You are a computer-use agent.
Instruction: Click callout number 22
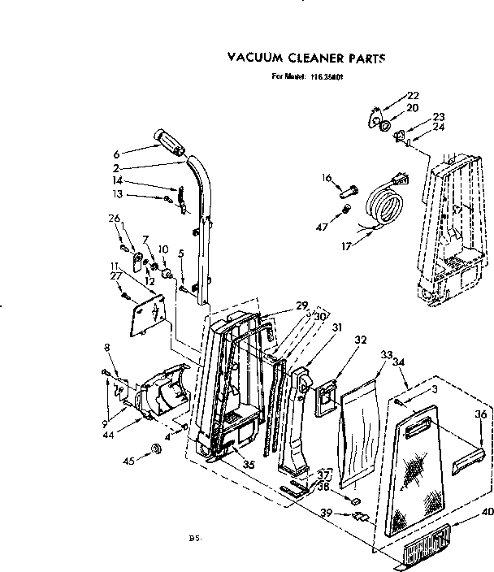pos(412,95)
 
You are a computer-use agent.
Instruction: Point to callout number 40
pos(487,511)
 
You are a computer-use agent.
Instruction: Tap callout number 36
pos(480,414)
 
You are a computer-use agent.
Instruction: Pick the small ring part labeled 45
pos(155,450)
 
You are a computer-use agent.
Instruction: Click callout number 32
pos(361,340)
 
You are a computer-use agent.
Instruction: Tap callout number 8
pos(106,349)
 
